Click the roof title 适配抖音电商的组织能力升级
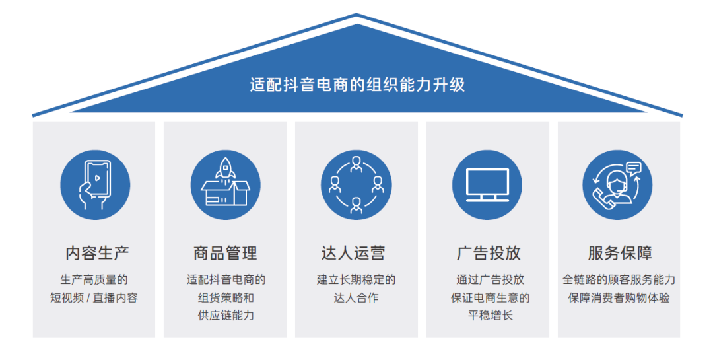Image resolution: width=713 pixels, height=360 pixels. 357,85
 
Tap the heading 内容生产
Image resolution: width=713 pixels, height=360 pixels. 97,253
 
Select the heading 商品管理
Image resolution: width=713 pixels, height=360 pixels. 225,253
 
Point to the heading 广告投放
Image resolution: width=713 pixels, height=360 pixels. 489,253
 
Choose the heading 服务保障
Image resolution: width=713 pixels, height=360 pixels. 620,253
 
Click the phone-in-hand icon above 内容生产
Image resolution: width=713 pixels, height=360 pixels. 95,184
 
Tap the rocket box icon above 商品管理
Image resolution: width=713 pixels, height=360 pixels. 226,184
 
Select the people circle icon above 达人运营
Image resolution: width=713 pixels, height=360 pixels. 356,184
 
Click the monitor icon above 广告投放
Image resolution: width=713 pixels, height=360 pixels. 487,184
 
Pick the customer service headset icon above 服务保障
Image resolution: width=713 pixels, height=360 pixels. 617,184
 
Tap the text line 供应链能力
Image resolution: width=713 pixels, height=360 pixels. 226,316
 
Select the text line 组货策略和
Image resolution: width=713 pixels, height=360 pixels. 226,298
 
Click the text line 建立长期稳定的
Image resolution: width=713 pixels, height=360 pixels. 356,280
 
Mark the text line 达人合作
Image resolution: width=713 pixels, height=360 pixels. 356,298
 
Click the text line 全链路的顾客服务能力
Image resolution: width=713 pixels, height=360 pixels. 619,280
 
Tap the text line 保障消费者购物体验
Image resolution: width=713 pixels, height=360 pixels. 619,298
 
